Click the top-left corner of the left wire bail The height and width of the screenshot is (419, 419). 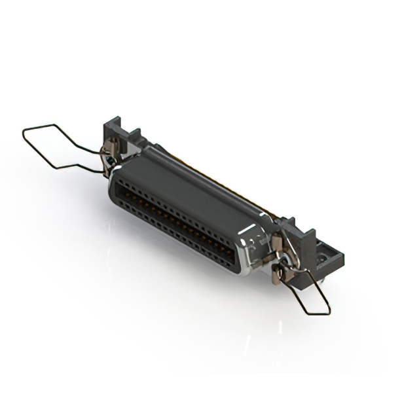(x=24, y=130)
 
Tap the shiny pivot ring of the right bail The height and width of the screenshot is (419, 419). (x=279, y=266)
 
